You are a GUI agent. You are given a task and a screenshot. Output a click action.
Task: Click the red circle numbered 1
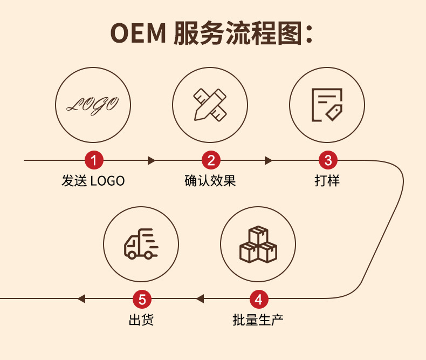point(94,160)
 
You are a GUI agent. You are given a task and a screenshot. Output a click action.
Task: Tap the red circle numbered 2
point(211,160)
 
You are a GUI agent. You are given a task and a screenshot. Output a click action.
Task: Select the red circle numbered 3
point(327,160)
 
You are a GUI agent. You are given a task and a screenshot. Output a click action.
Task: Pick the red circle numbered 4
point(258,298)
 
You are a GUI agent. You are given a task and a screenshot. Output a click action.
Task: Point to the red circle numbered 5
point(142,298)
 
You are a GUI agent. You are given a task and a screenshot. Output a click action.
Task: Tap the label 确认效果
point(210,181)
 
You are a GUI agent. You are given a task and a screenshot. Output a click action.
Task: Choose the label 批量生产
point(258,320)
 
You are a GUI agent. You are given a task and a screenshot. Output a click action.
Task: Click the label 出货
point(141,320)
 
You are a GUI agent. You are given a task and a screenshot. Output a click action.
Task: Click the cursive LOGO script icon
point(94,104)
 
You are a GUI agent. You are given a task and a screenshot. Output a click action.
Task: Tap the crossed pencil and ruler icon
point(210,104)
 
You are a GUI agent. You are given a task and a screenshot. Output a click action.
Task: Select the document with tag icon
point(327,104)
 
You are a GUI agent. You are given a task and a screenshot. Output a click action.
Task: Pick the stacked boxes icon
point(258,244)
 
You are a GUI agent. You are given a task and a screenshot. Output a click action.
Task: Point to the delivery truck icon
point(141,244)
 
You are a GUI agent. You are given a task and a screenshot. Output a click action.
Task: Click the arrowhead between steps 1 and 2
point(152,160)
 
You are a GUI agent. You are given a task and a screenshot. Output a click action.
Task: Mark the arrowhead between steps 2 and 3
point(269,160)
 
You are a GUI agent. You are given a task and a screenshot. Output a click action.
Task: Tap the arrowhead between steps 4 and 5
point(200,298)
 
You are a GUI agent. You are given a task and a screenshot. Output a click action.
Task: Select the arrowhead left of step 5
point(81,298)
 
